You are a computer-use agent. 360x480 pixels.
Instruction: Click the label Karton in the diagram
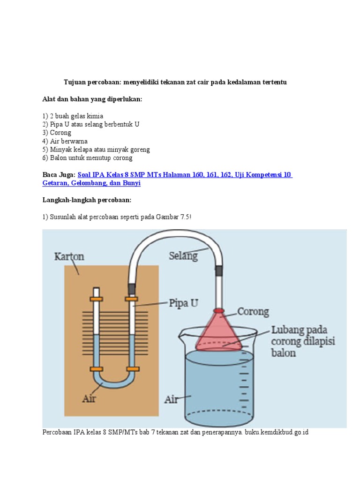pyautogui.click(x=69, y=257)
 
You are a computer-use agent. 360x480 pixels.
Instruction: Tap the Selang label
pyautogui.click(x=183, y=256)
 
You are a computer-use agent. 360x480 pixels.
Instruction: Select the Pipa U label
pyautogui.click(x=183, y=303)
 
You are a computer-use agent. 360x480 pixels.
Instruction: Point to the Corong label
pyautogui.click(x=253, y=312)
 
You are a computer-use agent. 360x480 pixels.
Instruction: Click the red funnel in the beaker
pyautogui.click(x=219, y=331)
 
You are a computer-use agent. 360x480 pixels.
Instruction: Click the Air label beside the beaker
pyautogui.click(x=171, y=399)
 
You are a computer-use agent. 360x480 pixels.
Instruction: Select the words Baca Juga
pyautogui.click(x=59, y=175)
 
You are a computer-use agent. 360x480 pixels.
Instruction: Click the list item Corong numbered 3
pyautogui.click(x=57, y=133)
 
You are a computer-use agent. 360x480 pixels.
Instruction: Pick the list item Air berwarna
pyautogui.click(x=65, y=141)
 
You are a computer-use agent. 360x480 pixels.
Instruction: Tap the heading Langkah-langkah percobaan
pyautogui.click(x=87, y=200)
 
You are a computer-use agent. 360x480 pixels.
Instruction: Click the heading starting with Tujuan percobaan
pyautogui.click(x=175, y=82)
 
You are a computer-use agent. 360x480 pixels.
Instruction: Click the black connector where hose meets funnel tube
pyautogui.click(x=218, y=270)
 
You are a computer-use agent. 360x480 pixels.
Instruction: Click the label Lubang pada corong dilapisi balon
pyautogui.click(x=303, y=341)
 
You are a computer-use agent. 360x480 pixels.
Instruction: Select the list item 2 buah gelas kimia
pyautogui.click(x=73, y=116)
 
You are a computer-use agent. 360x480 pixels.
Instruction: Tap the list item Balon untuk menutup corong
pyautogui.click(x=87, y=158)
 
